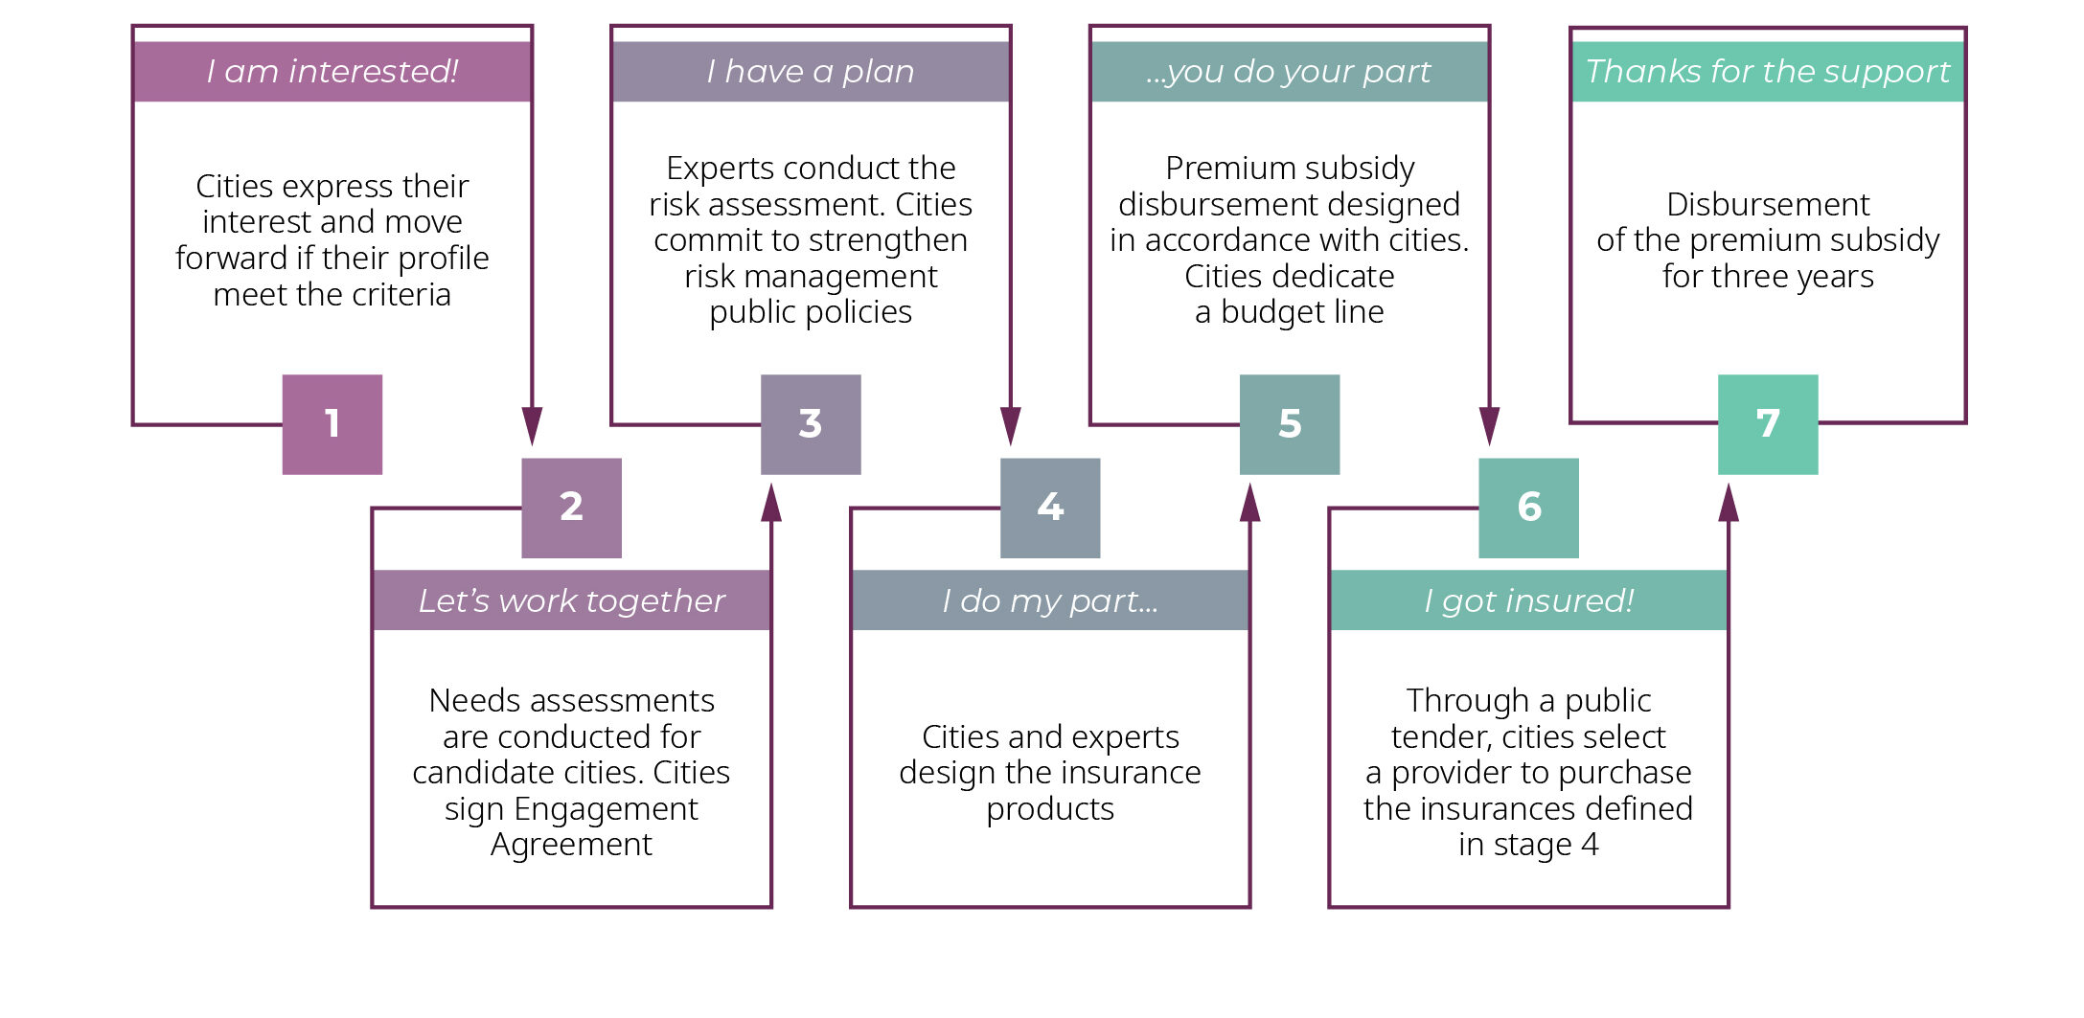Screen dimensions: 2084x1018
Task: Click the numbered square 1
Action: (x=332, y=424)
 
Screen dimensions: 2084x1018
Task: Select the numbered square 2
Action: (x=571, y=508)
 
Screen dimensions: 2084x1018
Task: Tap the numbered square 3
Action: (x=811, y=424)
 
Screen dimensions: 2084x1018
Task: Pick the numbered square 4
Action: (x=1050, y=508)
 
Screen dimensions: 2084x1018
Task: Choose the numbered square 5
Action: (x=1290, y=424)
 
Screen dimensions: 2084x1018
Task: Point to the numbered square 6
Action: (x=1528, y=508)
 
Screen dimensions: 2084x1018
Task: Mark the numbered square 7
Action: (x=1768, y=424)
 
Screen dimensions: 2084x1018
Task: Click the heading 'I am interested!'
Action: (x=332, y=72)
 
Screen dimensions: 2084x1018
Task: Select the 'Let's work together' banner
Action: (x=572, y=600)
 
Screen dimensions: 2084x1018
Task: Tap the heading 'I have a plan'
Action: (x=811, y=72)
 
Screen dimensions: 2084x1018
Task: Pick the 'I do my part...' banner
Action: (x=1050, y=600)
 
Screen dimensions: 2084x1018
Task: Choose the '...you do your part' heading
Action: (x=1289, y=72)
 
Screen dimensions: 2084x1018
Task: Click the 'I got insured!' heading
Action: (x=1528, y=600)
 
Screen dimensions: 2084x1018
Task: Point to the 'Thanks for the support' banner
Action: (x=1768, y=72)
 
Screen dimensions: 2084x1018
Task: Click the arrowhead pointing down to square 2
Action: (x=532, y=426)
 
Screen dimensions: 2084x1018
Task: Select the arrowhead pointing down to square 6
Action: (x=1489, y=426)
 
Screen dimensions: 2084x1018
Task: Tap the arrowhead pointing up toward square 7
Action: (x=1729, y=502)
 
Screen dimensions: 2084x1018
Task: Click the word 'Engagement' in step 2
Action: (x=606, y=809)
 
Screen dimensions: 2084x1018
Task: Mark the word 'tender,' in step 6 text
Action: (x=1442, y=737)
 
